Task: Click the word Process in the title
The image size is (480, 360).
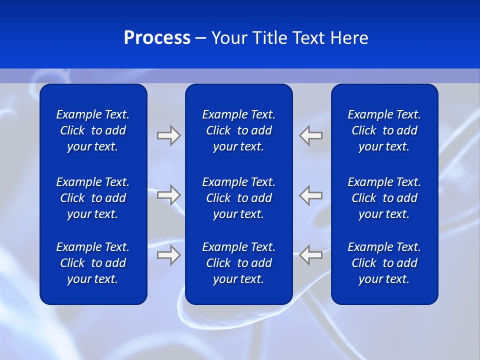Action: [157, 38]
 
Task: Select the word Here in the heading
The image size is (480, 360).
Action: [349, 38]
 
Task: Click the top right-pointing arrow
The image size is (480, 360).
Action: [168, 135]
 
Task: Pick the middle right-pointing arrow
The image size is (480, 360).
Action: [168, 195]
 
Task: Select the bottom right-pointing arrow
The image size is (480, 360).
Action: [168, 255]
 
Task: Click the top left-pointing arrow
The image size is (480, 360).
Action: [311, 135]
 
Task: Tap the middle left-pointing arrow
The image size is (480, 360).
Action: [311, 195]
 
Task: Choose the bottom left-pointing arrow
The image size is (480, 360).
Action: [311, 255]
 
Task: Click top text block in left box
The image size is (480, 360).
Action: [93, 130]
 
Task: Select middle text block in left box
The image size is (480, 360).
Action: [93, 198]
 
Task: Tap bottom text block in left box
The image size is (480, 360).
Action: [93, 263]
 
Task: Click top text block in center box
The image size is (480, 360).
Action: [238, 130]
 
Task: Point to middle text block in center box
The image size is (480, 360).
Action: [238, 198]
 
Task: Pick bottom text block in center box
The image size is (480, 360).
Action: [238, 263]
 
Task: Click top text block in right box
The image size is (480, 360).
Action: [384, 130]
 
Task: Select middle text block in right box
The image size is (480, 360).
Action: [384, 198]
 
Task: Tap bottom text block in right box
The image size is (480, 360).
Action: [384, 263]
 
